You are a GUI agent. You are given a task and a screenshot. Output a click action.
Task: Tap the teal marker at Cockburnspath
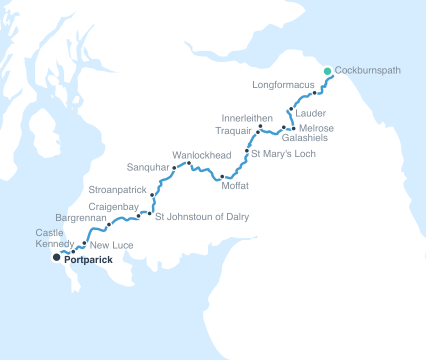coord(327,70)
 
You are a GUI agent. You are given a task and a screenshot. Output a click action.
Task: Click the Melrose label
coord(316,128)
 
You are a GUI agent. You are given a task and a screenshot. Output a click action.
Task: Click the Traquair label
coord(234,131)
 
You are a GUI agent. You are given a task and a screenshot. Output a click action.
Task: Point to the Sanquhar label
coord(149,166)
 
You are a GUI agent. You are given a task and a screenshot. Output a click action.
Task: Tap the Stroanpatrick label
coord(118,187)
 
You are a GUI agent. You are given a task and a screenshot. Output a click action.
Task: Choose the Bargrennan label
coord(81,216)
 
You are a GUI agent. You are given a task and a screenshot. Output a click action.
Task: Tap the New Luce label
coord(108,244)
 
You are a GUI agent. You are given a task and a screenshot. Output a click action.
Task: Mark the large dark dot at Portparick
coord(57,257)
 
